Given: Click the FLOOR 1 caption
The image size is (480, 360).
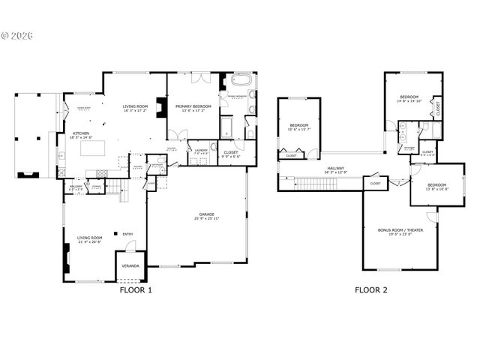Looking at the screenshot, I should pos(136,289).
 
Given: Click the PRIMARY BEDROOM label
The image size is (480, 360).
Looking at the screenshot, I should pos(193,106).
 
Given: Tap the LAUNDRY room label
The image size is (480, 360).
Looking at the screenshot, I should pos(200,150).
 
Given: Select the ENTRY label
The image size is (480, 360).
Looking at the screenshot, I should pos(127,234).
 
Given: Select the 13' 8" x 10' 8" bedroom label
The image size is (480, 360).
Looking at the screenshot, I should pos(437,187).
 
